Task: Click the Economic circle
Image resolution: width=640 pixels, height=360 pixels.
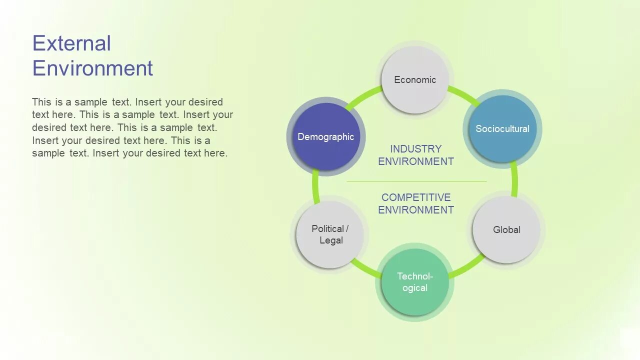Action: tap(414, 80)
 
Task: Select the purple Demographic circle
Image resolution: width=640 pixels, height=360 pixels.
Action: tap(325, 136)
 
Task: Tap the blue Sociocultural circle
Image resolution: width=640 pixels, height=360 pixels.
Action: tap(502, 128)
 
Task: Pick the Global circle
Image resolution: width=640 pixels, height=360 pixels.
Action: tap(506, 229)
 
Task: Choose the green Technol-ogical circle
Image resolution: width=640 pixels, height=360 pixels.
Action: tap(414, 282)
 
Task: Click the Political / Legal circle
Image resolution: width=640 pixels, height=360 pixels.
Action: tap(330, 234)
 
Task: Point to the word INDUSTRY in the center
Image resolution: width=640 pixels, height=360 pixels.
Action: tap(415, 149)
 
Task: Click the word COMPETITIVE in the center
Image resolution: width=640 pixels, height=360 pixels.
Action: tap(416, 197)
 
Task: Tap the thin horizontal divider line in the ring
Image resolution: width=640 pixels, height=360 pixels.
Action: tap(416, 181)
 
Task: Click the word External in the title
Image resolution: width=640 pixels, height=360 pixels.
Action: tap(71, 43)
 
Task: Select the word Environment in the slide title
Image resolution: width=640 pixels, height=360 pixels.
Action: tap(92, 68)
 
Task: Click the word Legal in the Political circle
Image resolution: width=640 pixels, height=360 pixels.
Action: tap(331, 240)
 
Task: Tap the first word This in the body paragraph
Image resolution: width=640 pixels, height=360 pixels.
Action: tap(41, 102)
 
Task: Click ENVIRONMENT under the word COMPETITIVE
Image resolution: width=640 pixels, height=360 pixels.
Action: tap(416, 210)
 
